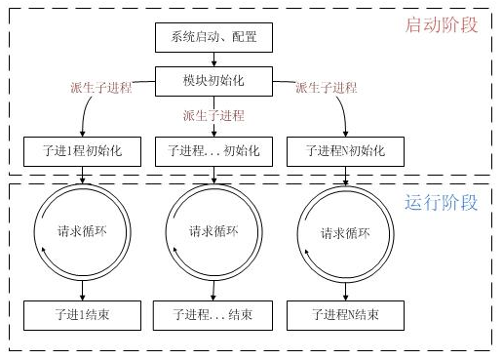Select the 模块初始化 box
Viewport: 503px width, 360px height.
[x=213, y=80]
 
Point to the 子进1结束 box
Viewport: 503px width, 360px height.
[x=83, y=315]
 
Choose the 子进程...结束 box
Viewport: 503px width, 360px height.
[x=213, y=315]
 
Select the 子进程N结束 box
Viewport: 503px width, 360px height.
[x=342, y=315]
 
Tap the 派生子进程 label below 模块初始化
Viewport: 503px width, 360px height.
[x=213, y=114]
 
